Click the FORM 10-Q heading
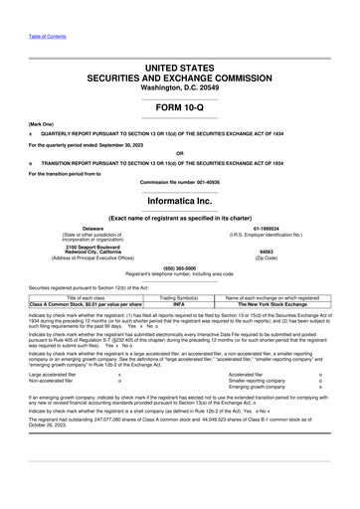(180, 105)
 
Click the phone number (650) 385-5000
(180, 267)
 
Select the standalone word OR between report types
(180, 152)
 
